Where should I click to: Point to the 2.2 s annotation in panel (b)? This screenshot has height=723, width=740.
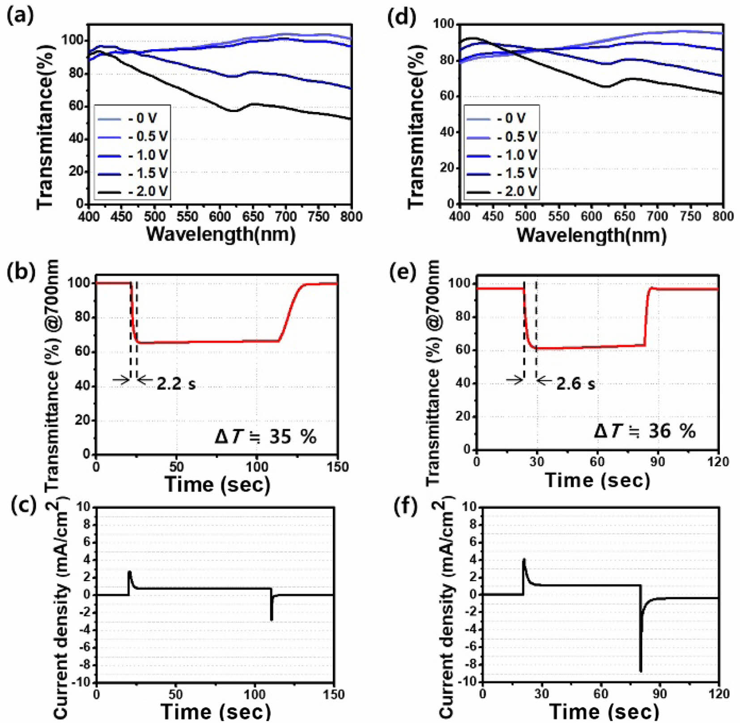pos(176,384)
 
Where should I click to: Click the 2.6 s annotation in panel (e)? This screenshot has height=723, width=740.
pos(575,384)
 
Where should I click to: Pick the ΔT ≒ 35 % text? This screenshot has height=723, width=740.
pos(265,436)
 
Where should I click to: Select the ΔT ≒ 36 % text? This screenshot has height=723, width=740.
pos(645,431)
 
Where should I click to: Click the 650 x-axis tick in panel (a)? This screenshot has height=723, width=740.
pos(253,217)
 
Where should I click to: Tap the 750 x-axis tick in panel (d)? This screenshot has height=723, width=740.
pos(690,216)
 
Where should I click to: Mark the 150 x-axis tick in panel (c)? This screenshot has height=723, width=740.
pos(333,695)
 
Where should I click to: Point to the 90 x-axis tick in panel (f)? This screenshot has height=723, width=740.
pos(659,694)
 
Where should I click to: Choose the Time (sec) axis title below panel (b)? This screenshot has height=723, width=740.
pos(217,484)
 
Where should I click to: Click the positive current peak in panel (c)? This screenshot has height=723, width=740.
pos(129,572)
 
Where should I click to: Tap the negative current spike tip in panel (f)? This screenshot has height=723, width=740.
pos(641,671)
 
